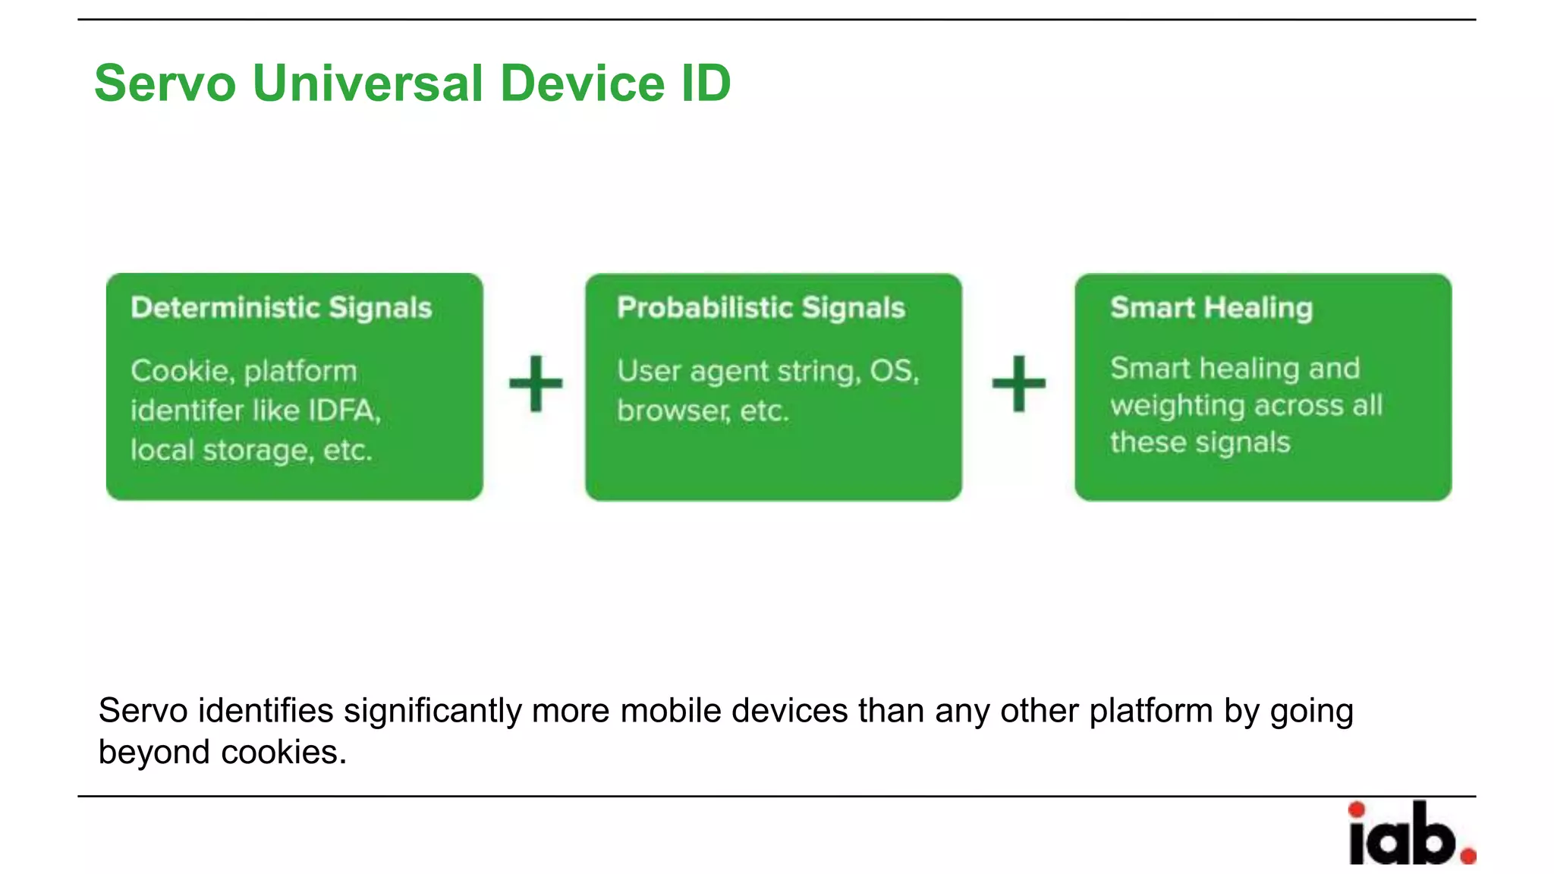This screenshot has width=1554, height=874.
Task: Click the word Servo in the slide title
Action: click(165, 83)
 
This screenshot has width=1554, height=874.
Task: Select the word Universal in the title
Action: click(367, 83)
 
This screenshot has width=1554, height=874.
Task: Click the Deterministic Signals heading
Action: click(281, 308)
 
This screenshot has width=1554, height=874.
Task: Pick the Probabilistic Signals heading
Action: click(760, 308)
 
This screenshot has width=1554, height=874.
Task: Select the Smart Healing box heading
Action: click(1211, 308)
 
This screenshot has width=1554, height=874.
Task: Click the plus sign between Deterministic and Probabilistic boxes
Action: click(536, 384)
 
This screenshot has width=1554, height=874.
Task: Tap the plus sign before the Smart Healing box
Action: click(1018, 384)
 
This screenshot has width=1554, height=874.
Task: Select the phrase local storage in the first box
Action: click(220, 450)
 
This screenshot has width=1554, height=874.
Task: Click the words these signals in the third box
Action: click(1200, 442)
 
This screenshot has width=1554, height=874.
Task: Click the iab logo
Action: click(1404, 835)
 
